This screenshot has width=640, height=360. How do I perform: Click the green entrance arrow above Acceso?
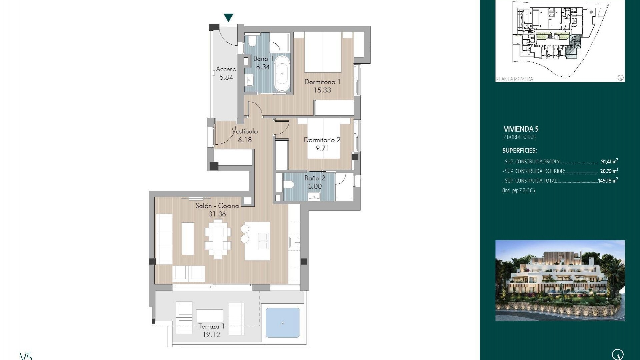(228, 17)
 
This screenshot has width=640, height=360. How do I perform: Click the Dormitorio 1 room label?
(322, 82)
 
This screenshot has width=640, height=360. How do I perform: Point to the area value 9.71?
(322, 148)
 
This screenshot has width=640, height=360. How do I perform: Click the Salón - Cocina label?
(217, 206)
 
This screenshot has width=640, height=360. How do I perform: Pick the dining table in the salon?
(218, 239)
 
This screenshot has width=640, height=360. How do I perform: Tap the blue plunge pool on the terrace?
(282, 322)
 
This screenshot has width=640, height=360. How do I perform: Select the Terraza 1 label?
(211, 326)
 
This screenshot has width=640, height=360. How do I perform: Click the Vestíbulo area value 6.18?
(245, 140)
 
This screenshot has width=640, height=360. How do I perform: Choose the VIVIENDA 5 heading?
(521, 129)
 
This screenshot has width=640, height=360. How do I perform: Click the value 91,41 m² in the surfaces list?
(609, 161)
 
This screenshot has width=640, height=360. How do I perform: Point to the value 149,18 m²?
(608, 181)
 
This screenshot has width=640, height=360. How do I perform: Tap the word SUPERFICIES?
(519, 150)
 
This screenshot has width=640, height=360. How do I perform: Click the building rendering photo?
(560, 280)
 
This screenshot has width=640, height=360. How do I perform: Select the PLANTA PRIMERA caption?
(515, 79)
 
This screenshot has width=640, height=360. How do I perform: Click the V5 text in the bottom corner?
(26, 356)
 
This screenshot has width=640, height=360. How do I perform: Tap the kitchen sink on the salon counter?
(295, 242)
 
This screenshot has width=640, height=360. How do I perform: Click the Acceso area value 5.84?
(226, 77)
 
